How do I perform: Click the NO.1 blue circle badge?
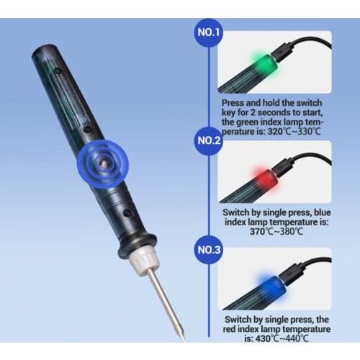click(210, 32)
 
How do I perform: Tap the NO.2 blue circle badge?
click(210, 140)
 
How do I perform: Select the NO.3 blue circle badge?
click(210, 250)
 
